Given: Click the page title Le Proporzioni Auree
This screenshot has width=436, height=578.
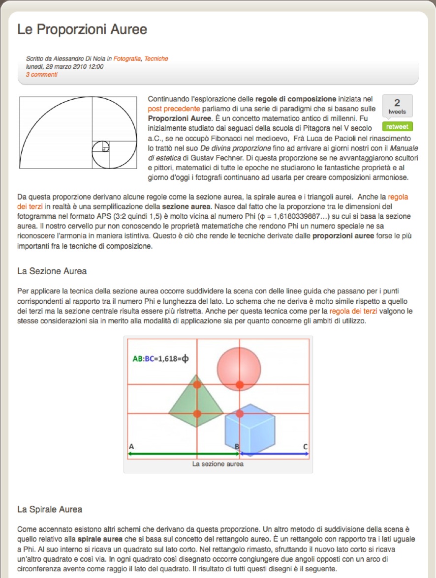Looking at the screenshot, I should [x=82, y=29].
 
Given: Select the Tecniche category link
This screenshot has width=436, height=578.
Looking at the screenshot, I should [x=156, y=59].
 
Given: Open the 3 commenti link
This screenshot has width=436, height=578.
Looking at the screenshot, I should [x=41, y=75].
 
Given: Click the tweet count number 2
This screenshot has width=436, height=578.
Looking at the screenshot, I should [x=397, y=103].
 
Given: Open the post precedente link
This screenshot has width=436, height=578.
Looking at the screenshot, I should [x=174, y=109].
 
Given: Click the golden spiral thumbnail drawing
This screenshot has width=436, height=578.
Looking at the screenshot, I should [x=78, y=133].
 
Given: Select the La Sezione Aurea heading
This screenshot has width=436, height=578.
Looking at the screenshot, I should [x=52, y=271].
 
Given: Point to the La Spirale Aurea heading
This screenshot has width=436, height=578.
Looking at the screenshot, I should [x=50, y=509].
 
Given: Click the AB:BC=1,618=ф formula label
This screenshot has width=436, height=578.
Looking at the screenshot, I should [x=161, y=358].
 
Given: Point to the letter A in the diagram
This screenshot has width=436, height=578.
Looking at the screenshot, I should [x=131, y=447].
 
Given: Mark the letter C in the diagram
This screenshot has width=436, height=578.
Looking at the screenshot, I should [x=305, y=447].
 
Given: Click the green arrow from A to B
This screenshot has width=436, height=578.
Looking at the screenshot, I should [x=182, y=454].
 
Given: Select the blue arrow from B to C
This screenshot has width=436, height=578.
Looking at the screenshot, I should [x=274, y=454].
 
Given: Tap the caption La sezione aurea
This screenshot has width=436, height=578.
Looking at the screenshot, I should [x=218, y=463].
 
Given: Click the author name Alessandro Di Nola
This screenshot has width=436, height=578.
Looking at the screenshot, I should [x=77, y=59].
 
